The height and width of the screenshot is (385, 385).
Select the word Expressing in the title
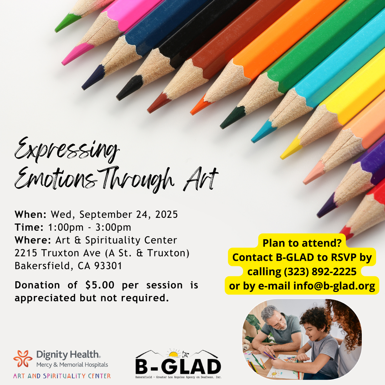click(x=67, y=149)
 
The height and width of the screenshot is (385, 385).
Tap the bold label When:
click(x=30, y=214)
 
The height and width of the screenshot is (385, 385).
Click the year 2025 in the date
click(x=166, y=214)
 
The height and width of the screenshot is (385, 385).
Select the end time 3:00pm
click(x=113, y=227)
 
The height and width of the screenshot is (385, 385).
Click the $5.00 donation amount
click(x=100, y=285)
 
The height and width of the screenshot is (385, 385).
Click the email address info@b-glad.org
click(x=334, y=286)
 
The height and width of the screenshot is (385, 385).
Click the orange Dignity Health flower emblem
click(x=23, y=359)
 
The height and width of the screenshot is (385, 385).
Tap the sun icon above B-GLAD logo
click(x=174, y=353)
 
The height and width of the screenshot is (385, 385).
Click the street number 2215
click(x=26, y=253)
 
